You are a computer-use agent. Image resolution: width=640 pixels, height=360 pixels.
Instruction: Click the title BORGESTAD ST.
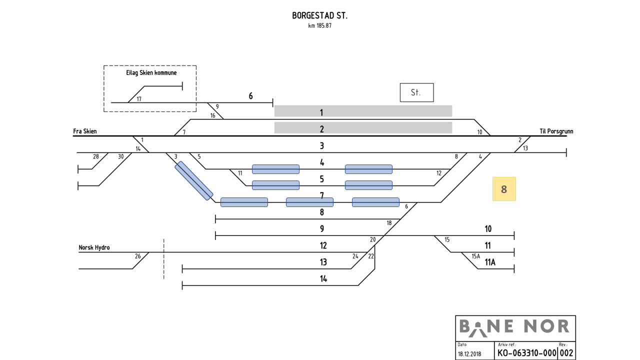320,15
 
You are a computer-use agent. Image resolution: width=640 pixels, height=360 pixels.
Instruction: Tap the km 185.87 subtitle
320,25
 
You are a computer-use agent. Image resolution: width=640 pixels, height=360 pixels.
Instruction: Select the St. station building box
416,92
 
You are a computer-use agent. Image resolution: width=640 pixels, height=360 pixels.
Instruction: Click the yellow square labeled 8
504,189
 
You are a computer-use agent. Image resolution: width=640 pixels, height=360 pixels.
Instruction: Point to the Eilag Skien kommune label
151,73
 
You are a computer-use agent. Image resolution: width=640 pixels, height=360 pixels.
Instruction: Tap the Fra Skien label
85,131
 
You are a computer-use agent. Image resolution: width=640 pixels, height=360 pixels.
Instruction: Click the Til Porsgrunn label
556,131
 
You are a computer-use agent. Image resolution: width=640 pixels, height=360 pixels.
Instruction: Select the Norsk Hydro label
94,247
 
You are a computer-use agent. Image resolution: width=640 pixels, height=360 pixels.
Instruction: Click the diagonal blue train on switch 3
194,180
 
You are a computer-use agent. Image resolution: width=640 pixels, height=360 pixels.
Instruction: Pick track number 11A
490,262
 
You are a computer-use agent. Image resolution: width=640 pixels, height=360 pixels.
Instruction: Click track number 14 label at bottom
323,278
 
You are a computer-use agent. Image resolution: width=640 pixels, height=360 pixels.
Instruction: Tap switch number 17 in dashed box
139,99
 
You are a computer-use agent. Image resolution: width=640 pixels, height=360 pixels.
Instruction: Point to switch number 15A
475,256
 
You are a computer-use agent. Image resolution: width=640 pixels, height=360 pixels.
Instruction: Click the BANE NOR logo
515,327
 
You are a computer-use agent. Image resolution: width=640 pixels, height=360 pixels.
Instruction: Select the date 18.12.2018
469,353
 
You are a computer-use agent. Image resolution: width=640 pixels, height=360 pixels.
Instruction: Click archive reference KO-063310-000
526,352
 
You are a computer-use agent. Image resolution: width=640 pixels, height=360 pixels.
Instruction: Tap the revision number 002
566,352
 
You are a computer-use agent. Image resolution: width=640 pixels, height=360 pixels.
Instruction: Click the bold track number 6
251,96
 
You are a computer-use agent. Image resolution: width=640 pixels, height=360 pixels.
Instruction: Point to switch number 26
137,256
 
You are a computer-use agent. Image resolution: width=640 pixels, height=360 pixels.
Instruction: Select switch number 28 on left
96,156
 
